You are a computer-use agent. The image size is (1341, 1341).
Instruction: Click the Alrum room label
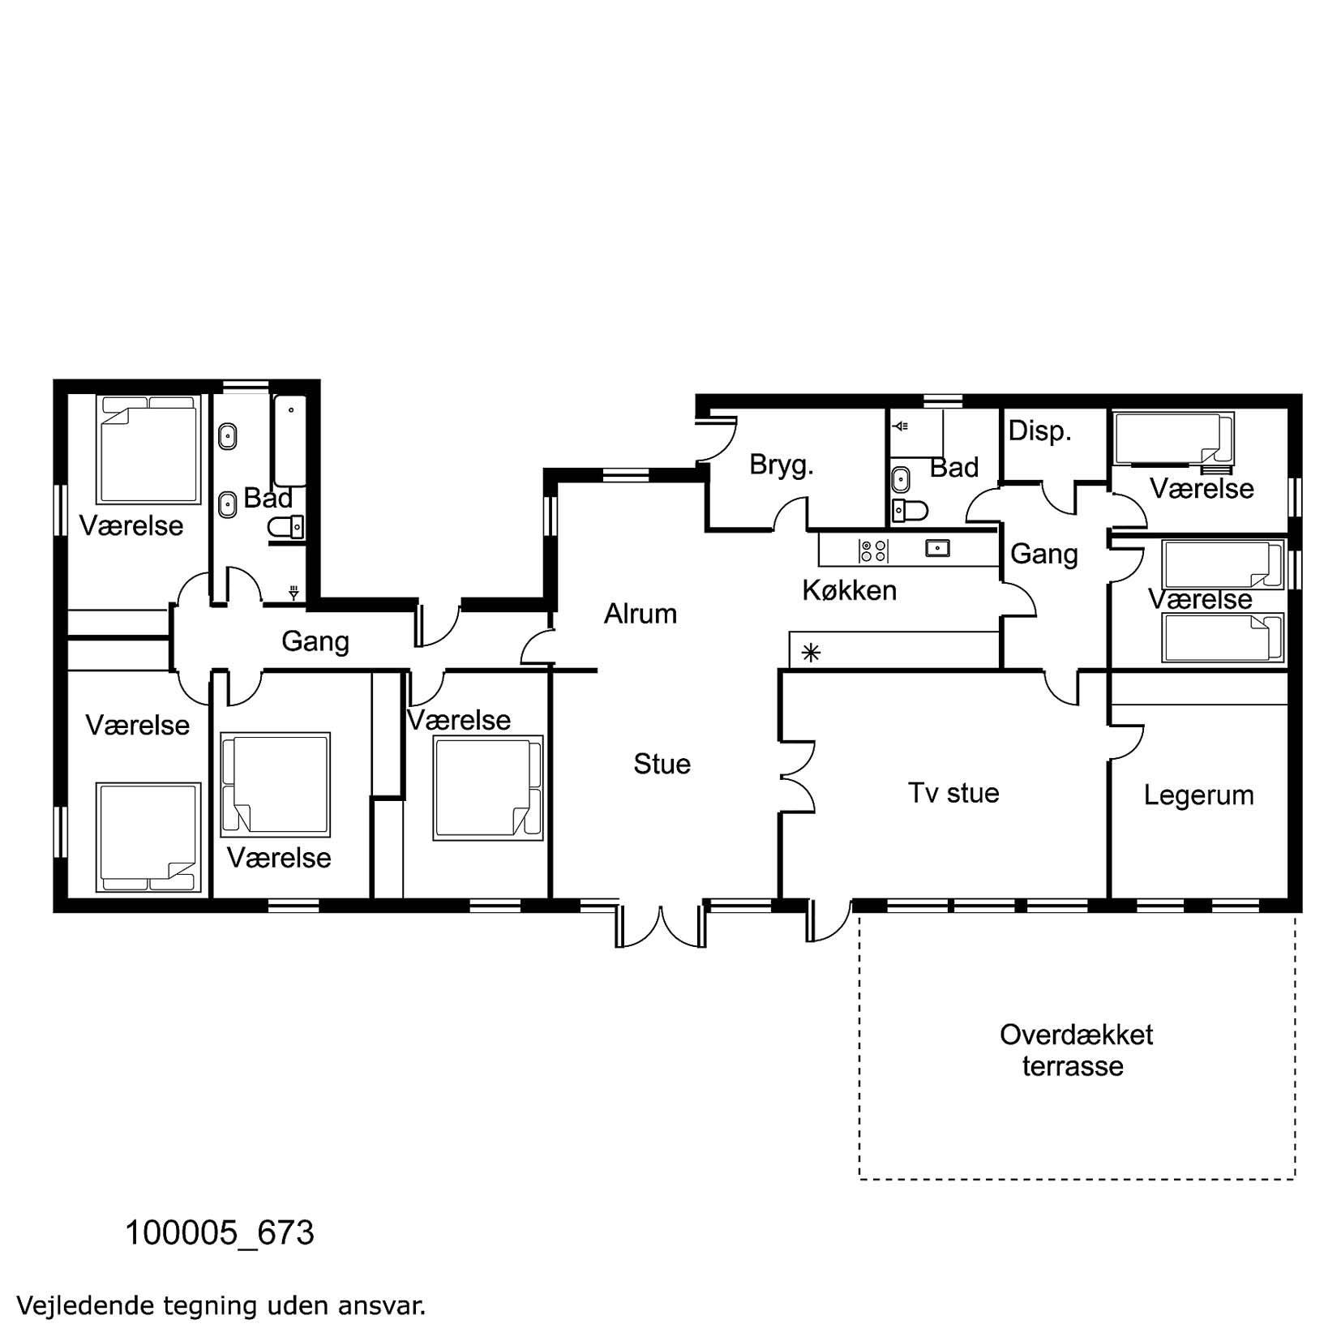point(640,614)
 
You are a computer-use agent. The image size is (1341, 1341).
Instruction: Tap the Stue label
point(662,764)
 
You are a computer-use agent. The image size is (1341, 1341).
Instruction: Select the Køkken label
point(849,589)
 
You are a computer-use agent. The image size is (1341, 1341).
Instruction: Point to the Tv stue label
point(953,792)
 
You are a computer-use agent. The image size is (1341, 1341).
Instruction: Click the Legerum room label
point(1198,795)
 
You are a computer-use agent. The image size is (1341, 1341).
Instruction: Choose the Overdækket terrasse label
point(1076,1050)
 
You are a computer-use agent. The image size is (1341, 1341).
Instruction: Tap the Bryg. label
point(781,465)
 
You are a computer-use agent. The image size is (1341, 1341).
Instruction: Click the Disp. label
point(1039,431)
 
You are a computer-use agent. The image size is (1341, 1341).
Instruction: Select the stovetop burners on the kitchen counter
point(873,551)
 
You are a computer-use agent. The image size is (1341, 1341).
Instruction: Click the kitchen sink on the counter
point(938,549)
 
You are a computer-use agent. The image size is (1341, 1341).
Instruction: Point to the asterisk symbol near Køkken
point(811,652)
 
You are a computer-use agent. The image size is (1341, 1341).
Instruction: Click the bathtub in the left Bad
point(290,440)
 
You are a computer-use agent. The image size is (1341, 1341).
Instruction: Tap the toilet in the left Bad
point(285,528)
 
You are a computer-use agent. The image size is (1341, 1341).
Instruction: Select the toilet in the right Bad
point(909,510)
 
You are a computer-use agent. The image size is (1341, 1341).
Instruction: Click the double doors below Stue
point(662,923)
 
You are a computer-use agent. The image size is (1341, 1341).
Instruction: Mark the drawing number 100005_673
point(219,1233)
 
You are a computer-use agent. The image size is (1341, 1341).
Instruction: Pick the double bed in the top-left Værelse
point(148,450)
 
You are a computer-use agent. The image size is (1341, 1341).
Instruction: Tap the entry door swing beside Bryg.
point(716,439)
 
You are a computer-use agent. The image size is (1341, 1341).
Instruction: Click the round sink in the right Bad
point(900,479)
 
